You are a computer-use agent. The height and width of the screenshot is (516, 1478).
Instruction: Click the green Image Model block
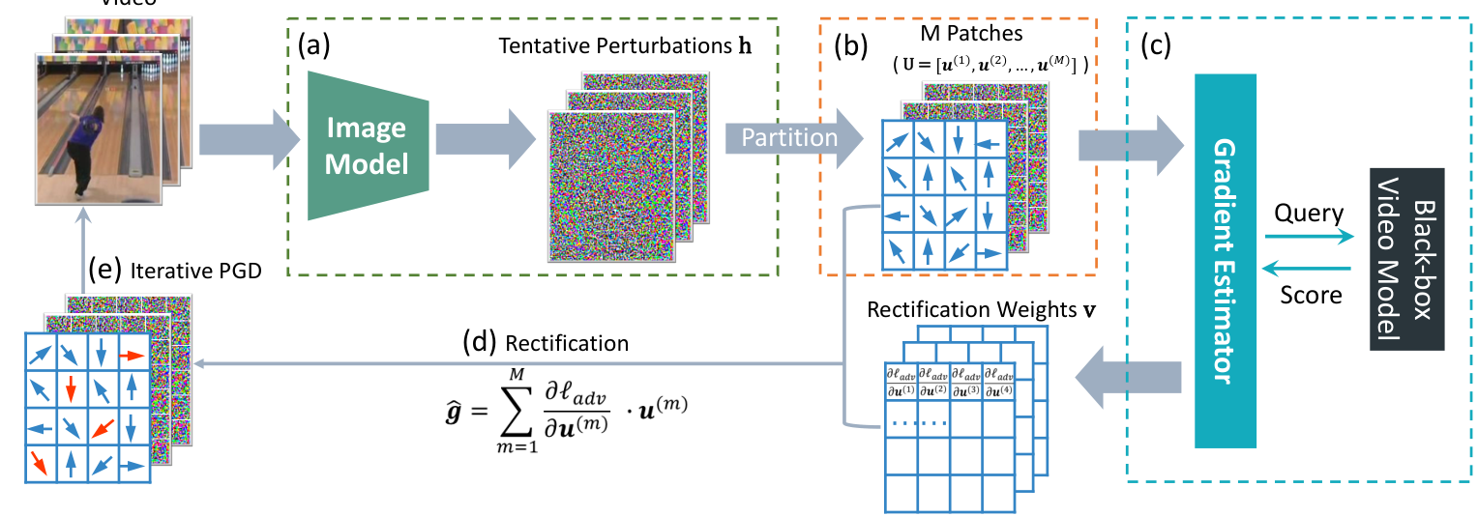point(366,145)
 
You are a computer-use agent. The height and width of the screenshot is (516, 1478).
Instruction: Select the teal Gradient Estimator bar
point(1225,261)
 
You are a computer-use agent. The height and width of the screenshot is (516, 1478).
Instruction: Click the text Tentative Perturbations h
point(604,47)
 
